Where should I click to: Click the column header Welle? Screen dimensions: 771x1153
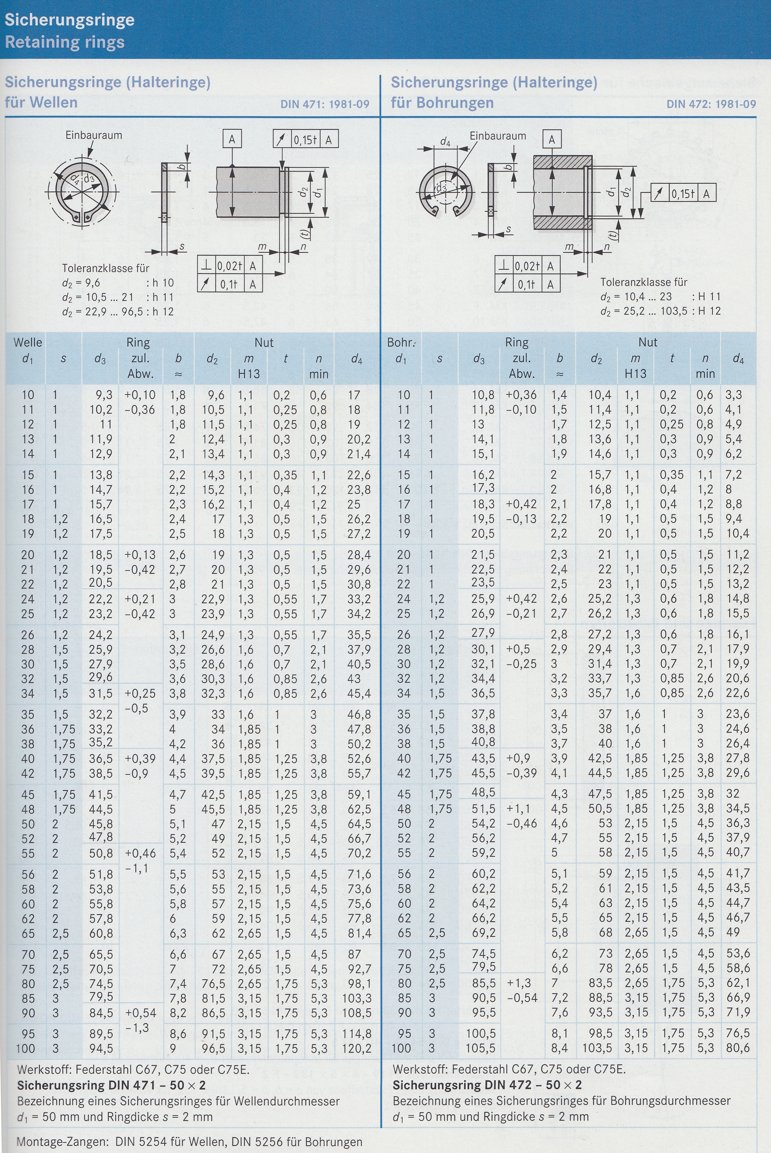pyautogui.click(x=28, y=342)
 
